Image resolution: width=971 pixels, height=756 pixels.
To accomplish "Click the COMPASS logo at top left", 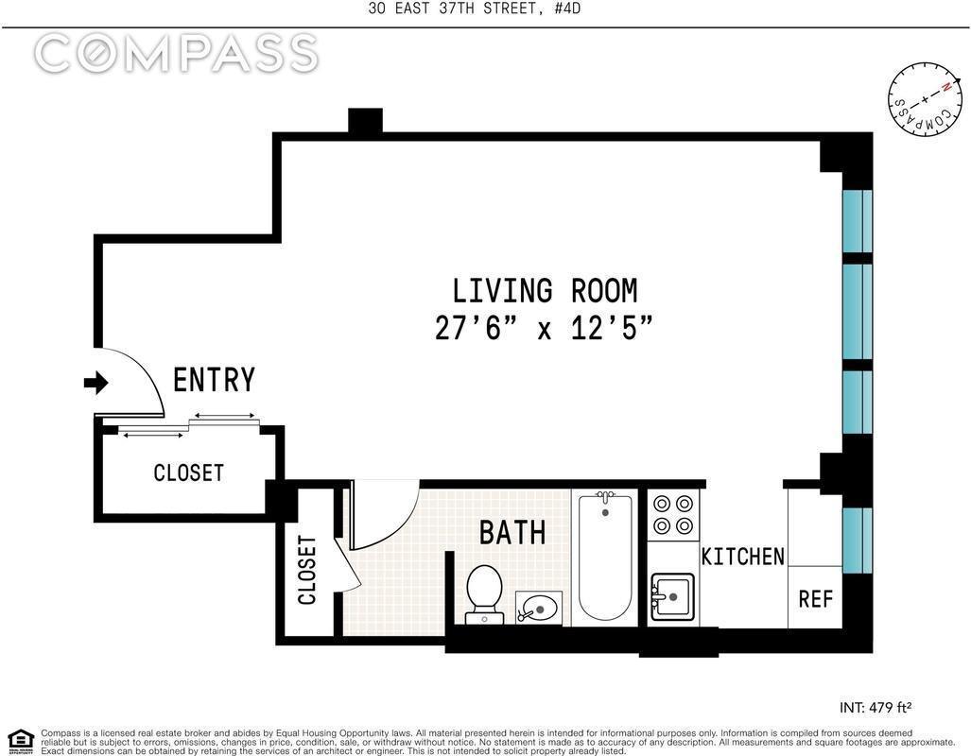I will click(x=176, y=54).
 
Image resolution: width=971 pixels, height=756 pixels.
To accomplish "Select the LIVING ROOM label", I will click(x=545, y=290).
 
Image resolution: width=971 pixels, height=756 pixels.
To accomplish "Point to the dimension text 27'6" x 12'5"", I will click(x=545, y=328).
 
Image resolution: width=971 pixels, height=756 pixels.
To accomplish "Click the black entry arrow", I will click(x=96, y=383).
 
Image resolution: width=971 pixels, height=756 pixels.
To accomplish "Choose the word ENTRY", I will click(x=214, y=380).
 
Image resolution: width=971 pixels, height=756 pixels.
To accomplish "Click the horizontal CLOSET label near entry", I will click(x=189, y=472).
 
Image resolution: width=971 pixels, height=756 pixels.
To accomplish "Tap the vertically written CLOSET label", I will click(x=307, y=570).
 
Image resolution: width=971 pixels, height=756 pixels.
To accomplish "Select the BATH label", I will click(x=512, y=533).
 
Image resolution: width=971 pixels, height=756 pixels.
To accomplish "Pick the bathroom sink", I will click(x=539, y=607).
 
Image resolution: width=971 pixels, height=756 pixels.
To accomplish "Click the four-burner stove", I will click(x=673, y=515).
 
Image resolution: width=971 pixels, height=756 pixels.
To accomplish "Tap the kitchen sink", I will click(x=673, y=595).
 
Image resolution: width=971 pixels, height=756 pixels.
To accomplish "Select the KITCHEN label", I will click(x=742, y=557).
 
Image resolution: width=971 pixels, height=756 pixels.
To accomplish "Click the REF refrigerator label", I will click(x=815, y=598).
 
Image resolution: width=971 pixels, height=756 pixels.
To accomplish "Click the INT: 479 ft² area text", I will click(x=875, y=707).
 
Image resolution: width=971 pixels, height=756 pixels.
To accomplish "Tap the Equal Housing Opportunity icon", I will click(x=20, y=740).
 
